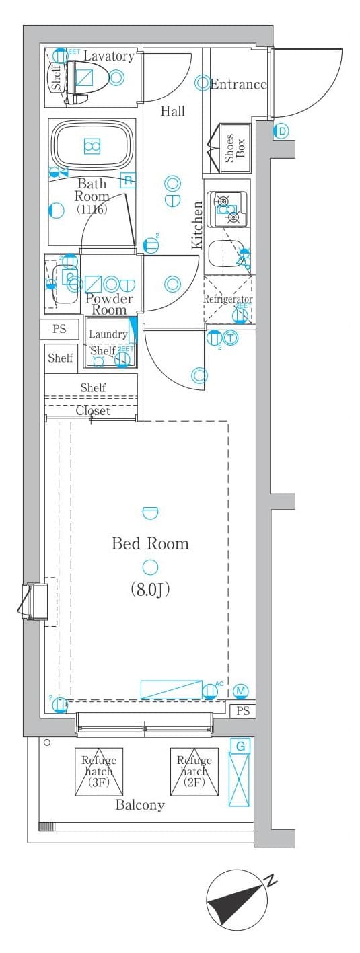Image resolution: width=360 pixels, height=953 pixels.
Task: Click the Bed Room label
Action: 149,543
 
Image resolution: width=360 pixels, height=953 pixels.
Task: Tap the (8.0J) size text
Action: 149,590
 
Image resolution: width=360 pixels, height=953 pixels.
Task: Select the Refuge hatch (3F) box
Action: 99,771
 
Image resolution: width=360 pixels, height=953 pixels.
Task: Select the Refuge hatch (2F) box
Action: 194,771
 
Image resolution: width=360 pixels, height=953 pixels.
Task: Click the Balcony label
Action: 140,805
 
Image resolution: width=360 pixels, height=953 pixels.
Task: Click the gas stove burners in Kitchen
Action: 227,208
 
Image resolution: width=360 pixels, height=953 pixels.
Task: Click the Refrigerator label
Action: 228,299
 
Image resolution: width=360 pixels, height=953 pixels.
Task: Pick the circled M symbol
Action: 242,691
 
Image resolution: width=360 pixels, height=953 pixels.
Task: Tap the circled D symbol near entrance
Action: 282,131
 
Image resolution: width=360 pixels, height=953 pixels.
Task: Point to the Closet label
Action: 93,410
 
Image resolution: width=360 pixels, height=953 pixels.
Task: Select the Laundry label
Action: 108,334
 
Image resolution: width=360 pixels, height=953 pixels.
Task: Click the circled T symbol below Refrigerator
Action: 231,338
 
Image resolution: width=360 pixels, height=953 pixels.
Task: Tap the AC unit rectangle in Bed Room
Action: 171,689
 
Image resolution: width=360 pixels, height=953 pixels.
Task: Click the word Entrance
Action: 238,85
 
